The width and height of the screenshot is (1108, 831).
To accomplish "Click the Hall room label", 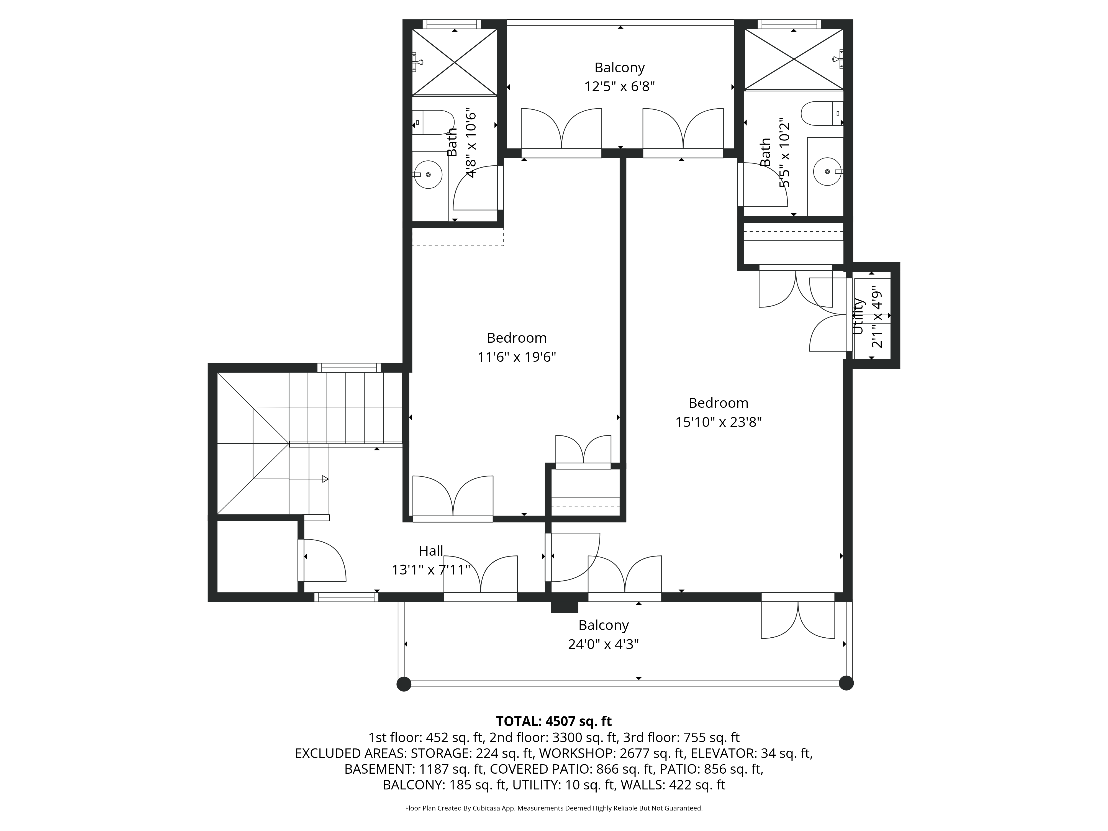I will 431,551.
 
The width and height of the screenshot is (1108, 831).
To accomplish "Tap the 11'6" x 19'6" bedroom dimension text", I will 516,357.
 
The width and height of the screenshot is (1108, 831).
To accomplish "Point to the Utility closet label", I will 858,317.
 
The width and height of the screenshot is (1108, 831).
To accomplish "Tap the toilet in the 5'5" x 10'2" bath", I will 819,113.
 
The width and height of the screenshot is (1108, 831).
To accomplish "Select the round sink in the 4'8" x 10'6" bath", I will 429,174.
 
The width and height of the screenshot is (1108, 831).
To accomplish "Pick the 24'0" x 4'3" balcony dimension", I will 603,644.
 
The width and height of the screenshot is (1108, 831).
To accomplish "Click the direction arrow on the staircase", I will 325,479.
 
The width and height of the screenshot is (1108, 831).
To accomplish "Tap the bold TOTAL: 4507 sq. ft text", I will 553,721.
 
